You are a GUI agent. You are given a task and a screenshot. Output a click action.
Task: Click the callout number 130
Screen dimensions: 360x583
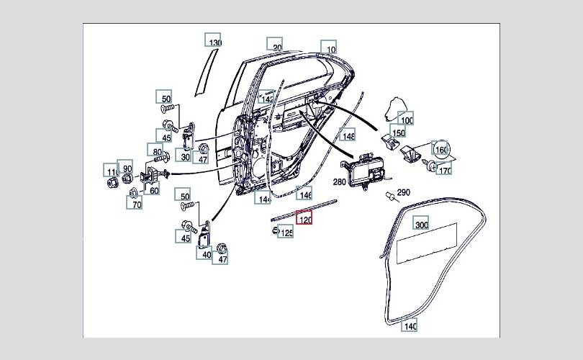coord(214,41)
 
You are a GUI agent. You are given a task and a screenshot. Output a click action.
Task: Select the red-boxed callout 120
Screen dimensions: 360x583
coord(304,219)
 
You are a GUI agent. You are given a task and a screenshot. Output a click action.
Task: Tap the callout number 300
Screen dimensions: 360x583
coord(421,224)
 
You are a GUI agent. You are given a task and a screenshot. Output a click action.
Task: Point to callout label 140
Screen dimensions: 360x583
coord(410,325)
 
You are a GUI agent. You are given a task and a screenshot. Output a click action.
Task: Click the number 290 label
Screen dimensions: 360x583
coord(403,192)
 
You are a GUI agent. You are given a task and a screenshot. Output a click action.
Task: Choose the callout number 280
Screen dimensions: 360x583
coord(338,184)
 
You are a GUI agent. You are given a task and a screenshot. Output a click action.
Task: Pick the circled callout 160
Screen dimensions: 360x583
coord(441,149)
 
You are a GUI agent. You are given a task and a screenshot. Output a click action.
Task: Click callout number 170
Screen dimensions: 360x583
coord(445,171)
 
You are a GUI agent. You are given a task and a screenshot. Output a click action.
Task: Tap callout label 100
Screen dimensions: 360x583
coord(407,120)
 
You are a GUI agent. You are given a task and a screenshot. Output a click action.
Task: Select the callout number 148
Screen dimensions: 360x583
coord(348,135)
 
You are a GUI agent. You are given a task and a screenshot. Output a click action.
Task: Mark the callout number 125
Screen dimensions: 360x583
coord(286,232)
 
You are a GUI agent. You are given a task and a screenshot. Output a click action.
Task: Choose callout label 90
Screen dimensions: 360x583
coord(125,168)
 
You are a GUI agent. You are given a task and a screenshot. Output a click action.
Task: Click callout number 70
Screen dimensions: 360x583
coord(135,202)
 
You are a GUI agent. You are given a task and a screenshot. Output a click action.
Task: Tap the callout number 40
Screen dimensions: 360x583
coord(205,253)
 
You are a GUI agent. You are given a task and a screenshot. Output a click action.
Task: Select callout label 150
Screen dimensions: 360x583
coord(397,132)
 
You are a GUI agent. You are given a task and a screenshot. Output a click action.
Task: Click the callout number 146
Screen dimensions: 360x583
coord(305,193)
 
